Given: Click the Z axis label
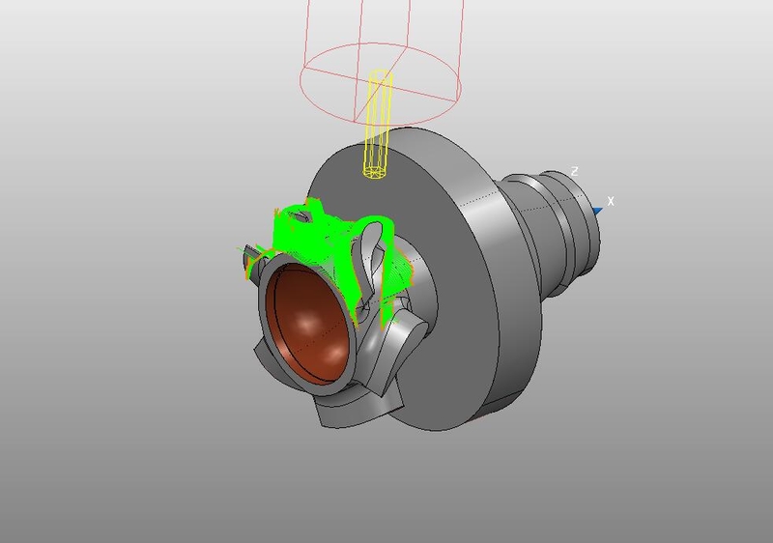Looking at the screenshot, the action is [574, 171].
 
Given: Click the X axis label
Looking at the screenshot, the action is [611, 201].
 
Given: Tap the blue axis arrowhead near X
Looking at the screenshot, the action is [597, 212].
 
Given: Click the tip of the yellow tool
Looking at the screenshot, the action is [375, 173].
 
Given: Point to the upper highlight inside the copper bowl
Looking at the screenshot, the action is [307, 324].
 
